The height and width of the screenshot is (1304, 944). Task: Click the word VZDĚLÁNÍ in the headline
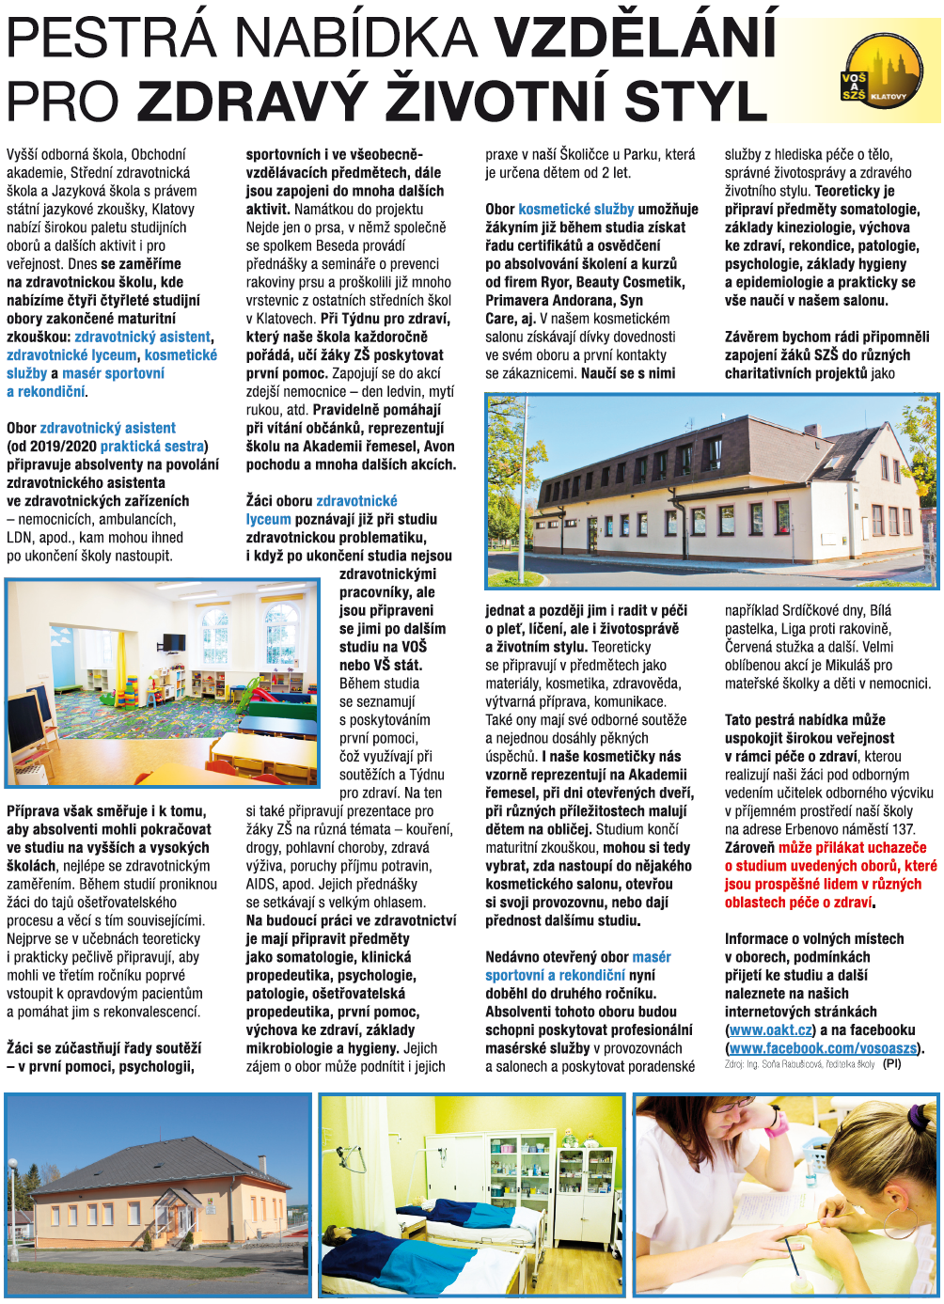[636, 38]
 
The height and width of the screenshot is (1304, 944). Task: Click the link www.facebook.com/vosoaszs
[823, 1048]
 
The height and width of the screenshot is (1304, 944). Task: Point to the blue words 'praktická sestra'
[152, 446]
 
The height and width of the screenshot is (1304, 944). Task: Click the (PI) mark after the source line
[891, 1064]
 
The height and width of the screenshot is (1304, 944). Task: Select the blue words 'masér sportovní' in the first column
[113, 373]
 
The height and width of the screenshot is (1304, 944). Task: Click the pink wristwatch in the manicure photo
[777, 1121]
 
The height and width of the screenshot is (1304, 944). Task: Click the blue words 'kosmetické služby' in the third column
[575, 209]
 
